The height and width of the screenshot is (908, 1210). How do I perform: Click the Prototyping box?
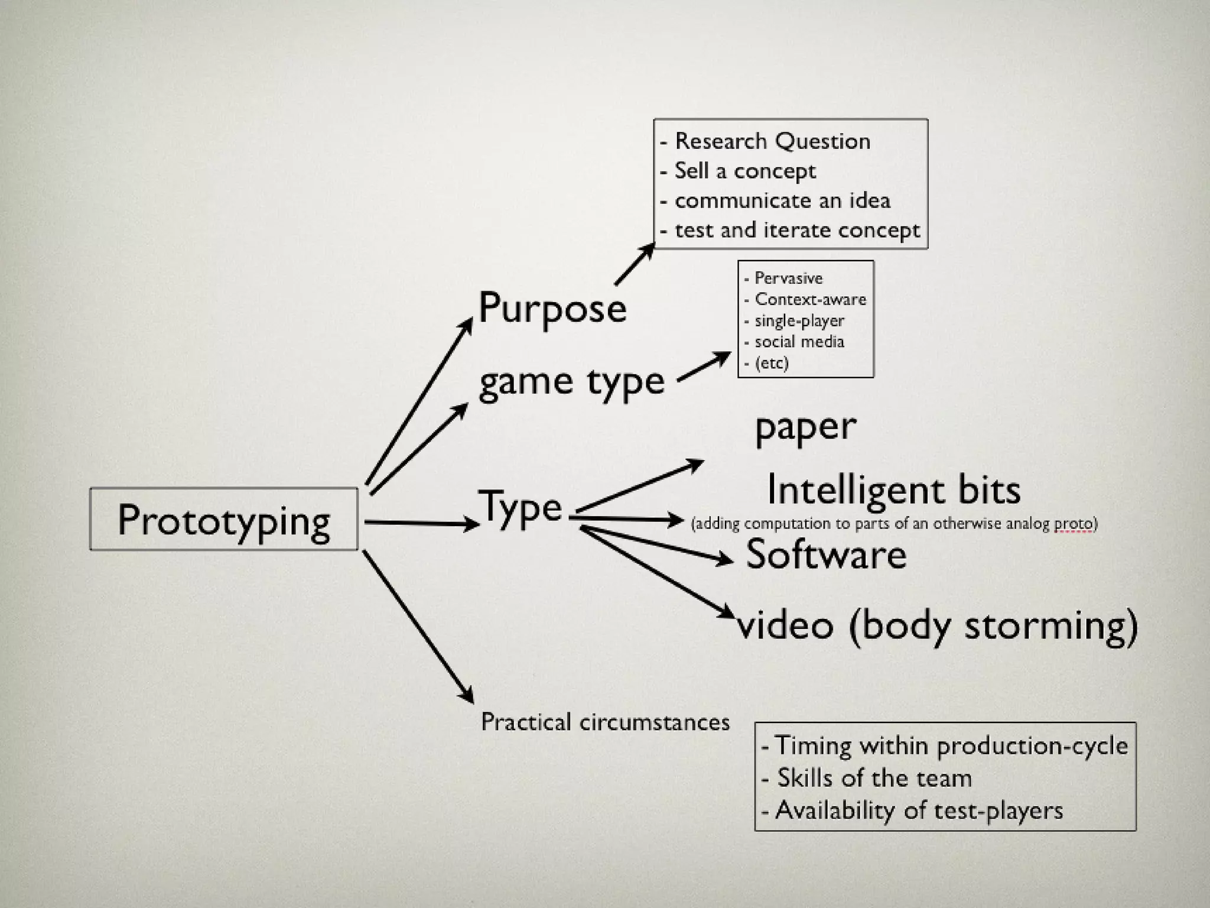pyautogui.click(x=223, y=520)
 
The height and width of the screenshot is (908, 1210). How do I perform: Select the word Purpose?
pyautogui.click(x=552, y=309)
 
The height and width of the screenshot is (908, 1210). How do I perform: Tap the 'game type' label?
pyautogui.click(x=571, y=381)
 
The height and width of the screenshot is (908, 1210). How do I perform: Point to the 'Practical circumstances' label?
pyautogui.click(x=605, y=722)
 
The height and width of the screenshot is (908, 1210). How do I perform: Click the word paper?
pyautogui.click(x=805, y=427)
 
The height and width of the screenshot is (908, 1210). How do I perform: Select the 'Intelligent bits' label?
pyautogui.click(x=893, y=490)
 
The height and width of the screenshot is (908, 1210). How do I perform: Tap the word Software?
pyautogui.click(x=826, y=554)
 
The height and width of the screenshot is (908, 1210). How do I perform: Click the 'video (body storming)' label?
pyautogui.click(x=937, y=625)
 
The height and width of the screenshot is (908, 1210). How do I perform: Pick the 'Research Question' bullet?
pyautogui.click(x=772, y=141)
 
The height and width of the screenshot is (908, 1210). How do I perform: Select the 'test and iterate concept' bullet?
pyautogui.click(x=797, y=230)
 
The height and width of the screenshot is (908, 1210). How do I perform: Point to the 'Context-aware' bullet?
pyautogui.click(x=810, y=299)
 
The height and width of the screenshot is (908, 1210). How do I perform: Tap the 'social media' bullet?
pyautogui.click(x=799, y=342)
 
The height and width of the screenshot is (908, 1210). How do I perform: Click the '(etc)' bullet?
pyautogui.click(x=772, y=363)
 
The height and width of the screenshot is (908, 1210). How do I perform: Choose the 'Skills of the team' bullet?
pyautogui.click(x=874, y=778)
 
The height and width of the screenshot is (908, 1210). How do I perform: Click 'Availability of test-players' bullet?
pyautogui.click(x=919, y=810)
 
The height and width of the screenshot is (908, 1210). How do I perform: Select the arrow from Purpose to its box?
pyautogui.click(x=635, y=265)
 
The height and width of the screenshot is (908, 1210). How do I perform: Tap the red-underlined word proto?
pyautogui.click(x=1074, y=524)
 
